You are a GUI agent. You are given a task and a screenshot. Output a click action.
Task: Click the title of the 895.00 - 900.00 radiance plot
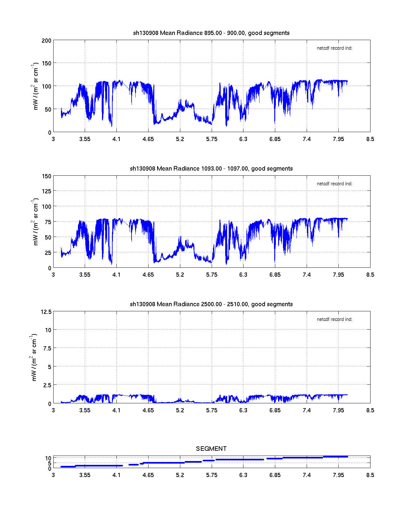point(211,33)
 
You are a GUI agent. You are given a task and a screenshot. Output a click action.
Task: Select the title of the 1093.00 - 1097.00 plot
point(211,169)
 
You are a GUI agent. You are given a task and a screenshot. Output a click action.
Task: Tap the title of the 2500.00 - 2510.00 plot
point(211,304)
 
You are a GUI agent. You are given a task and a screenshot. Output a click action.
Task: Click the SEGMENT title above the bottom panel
point(211,449)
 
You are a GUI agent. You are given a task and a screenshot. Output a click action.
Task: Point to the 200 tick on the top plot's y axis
point(47,40)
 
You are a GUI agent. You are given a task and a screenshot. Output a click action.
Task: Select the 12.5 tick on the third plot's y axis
point(46,312)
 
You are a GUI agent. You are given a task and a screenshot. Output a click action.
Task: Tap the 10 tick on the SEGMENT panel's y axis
point(48,458)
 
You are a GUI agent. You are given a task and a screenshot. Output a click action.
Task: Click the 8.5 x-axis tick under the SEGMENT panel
point(370,475)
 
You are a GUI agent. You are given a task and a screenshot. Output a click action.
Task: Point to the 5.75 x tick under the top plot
point(212,139)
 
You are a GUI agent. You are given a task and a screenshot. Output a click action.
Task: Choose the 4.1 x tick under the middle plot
point(116,275)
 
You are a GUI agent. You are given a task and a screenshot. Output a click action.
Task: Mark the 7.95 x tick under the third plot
point(338,410)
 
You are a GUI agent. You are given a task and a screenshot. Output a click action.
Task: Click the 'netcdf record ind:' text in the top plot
point(335,48)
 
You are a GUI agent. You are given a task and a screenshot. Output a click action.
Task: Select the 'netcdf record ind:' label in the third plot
point(335,320)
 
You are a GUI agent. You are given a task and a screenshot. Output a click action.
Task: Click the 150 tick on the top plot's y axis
point(47,63)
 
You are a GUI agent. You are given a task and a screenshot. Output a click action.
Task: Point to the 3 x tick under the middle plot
point(53,275)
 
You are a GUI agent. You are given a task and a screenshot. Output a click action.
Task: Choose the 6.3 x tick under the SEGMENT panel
point(243,475)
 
